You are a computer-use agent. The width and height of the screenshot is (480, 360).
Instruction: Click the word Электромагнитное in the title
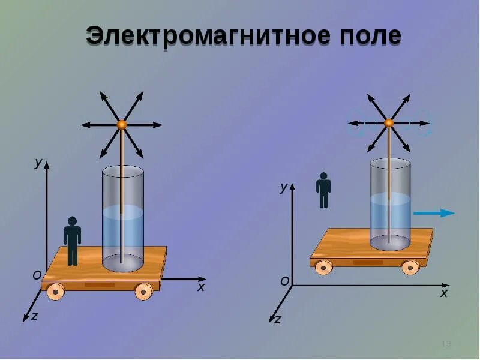coord(203,37)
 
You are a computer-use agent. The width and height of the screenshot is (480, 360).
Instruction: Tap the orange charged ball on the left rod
coord(121,124)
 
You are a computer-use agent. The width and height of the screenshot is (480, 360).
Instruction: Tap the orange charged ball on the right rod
coord(388,122)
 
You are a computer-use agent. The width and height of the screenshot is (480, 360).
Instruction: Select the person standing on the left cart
coord(73,240)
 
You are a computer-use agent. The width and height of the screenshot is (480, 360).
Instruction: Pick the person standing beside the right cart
coord(323,190)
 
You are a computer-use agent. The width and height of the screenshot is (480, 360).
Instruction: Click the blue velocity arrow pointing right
coord(435,212)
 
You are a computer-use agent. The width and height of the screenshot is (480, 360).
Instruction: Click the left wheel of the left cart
coord(55,292)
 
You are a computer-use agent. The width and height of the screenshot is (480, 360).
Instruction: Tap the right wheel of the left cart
coord(143,292)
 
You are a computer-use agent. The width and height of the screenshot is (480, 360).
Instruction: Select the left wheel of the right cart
coord(324,268)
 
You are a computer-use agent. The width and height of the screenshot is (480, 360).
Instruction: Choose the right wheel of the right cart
coord(410,268)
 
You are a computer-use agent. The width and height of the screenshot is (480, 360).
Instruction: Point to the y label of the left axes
coord(38,163)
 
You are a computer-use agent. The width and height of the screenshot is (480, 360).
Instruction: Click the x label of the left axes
coord(201,287)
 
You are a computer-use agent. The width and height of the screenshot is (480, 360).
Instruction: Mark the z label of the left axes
coord(34,316)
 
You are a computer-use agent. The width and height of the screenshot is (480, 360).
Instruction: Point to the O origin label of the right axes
coord(285,281)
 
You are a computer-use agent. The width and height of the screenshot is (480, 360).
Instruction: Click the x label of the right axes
coord(444,293)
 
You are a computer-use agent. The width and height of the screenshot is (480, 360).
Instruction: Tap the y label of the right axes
coord(283,187)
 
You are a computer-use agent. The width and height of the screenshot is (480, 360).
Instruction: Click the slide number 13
coord(446,343)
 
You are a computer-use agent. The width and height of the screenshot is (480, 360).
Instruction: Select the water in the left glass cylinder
coord(122,234)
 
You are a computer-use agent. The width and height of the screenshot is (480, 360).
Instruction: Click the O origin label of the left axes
coord(37,275)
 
